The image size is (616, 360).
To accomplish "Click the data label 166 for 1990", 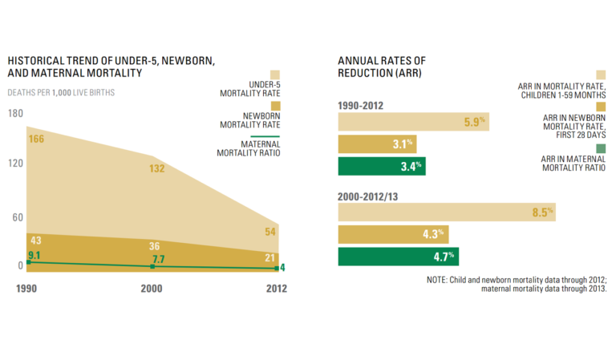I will [x=36, y=140].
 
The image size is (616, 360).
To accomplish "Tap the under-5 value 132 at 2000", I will [x=157, y=168].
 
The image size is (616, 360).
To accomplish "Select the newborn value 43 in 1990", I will [x=35, y=241].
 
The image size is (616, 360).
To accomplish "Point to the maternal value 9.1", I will [x=35, y=256].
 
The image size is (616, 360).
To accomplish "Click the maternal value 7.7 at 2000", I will [x=157, y=260].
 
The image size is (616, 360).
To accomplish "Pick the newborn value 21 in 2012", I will [x=269, y=257].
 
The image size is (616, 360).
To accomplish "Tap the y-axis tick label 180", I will [x=15, y=113].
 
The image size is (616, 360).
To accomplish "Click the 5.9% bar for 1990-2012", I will [x=413, y=122].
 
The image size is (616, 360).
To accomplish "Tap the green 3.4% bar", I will [x=381, y=167].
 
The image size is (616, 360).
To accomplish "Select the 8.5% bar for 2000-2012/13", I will [x=446, y=212].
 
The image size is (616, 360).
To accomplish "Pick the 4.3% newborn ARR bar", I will [x=393, y=235].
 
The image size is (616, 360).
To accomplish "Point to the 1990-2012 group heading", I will [x=363, y=104].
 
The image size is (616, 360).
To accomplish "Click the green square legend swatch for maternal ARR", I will [x=602, y=148].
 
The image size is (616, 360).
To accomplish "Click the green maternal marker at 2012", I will [x=278, y=268].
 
